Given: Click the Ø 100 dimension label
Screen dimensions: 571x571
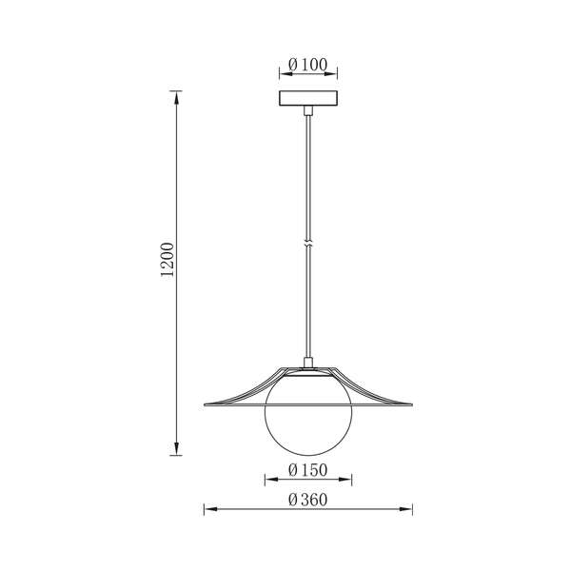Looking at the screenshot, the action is pos(307,65).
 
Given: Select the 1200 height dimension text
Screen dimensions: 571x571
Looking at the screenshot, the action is pos(167,259).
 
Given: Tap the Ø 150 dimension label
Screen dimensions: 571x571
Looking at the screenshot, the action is pos(307,470).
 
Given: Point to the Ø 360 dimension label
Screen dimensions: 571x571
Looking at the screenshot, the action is pos(307,500).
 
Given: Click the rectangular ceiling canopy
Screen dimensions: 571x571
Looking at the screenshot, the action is pos(308,98).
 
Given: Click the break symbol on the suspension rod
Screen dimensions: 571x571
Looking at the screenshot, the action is pos(308,245).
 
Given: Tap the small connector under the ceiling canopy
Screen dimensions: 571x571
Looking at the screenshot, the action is pos(308,110).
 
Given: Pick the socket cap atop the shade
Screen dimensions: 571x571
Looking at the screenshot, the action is pos(308,363).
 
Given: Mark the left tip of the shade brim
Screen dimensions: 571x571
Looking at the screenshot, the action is pos(205,404).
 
